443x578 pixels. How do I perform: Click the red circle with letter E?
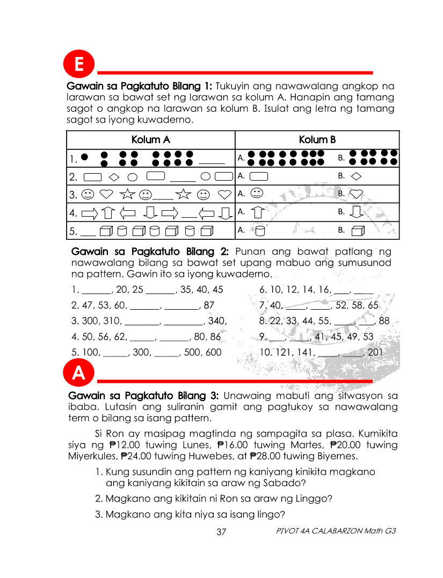tap(79, 65)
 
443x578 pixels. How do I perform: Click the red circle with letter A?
tap(79, 374)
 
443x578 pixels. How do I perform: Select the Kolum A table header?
tap(151, 140)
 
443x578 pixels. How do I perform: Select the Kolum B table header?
tap(317, 140)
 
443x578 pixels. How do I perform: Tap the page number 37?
tap(221, 532)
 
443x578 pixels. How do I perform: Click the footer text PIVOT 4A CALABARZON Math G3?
tap(336, 531)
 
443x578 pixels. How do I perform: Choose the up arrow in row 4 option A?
tap(258, 212)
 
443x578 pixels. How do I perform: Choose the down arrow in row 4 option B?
tap(356, 212)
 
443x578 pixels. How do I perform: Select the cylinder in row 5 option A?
tap(259, 231)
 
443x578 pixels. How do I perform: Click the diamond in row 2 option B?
tap(356, 176)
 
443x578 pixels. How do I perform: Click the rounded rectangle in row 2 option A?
tap(259, 176)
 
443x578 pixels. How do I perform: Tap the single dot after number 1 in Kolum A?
tap(84, 158)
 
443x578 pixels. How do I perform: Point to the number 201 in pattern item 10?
tap(375, 353)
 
